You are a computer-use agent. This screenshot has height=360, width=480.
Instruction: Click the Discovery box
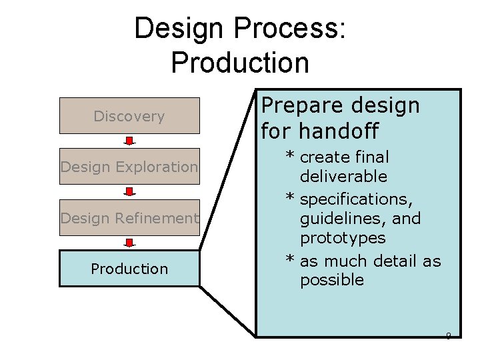coord(129,116)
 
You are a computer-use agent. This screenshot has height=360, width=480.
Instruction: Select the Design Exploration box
coord(129,167)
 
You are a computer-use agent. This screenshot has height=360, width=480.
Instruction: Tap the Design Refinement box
coord(129,218)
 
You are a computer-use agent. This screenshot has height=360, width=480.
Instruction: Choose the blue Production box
coord(129,269)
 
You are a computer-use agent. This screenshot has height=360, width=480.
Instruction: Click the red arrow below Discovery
coord(129,141)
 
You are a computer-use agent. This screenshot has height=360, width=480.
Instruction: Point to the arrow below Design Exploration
coord(129,192)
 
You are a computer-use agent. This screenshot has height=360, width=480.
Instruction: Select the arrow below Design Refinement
coord(129,243)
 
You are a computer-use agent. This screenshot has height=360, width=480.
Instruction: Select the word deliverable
coord(343,177)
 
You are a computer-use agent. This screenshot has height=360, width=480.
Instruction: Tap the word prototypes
coord(343,238)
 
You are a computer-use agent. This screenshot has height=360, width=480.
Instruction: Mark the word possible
coord(332,280)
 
